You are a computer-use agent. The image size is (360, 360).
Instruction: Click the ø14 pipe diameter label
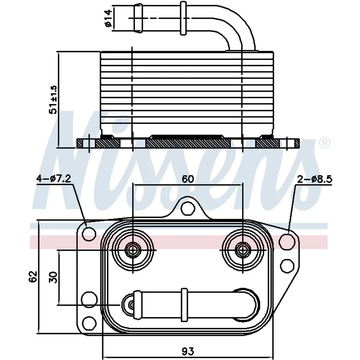108,18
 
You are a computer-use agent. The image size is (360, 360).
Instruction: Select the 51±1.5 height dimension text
53,100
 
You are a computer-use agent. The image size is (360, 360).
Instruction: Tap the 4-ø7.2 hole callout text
54,179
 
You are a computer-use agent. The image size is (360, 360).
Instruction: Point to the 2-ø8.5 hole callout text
315,179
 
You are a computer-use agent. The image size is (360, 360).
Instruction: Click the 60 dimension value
188,179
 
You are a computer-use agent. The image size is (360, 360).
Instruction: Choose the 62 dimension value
33,276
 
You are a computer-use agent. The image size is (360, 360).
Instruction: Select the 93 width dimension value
188,351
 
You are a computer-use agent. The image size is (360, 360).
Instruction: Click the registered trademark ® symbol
325,143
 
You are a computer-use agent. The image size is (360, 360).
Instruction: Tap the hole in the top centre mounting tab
188,209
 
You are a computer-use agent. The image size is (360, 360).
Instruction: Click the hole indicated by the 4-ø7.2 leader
89,234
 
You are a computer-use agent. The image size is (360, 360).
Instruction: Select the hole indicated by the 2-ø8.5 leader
287,241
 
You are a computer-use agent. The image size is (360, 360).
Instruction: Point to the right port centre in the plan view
242,249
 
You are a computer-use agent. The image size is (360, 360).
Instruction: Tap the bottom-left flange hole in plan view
89,323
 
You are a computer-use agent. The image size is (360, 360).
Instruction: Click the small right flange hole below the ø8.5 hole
287,266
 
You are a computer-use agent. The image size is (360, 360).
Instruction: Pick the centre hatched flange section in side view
188,143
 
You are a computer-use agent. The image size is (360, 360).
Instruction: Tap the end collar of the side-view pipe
138,18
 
